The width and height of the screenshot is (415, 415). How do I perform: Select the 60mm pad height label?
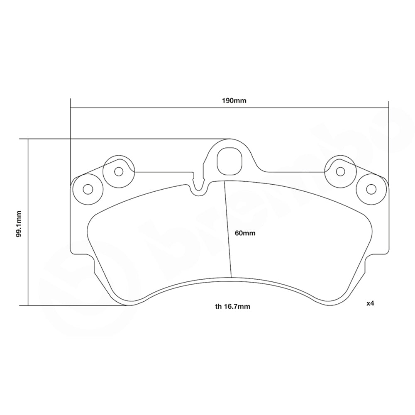(245, 233)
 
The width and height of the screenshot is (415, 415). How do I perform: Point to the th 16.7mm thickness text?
(232, 307)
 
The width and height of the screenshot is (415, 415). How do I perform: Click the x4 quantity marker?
(370, 303)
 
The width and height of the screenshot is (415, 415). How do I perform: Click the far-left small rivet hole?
(87, 189)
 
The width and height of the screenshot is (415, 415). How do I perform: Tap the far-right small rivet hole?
(371, 189)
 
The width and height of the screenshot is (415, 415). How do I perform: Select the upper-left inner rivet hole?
(119, 171)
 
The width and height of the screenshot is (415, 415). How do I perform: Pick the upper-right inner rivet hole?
(340, 171)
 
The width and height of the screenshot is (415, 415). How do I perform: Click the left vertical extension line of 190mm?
(71, 124)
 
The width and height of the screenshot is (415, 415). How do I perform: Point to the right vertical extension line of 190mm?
(388, 124)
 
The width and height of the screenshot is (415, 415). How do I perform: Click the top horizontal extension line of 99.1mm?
(124, 139)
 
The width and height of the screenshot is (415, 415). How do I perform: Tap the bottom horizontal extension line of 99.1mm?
(75, 305)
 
